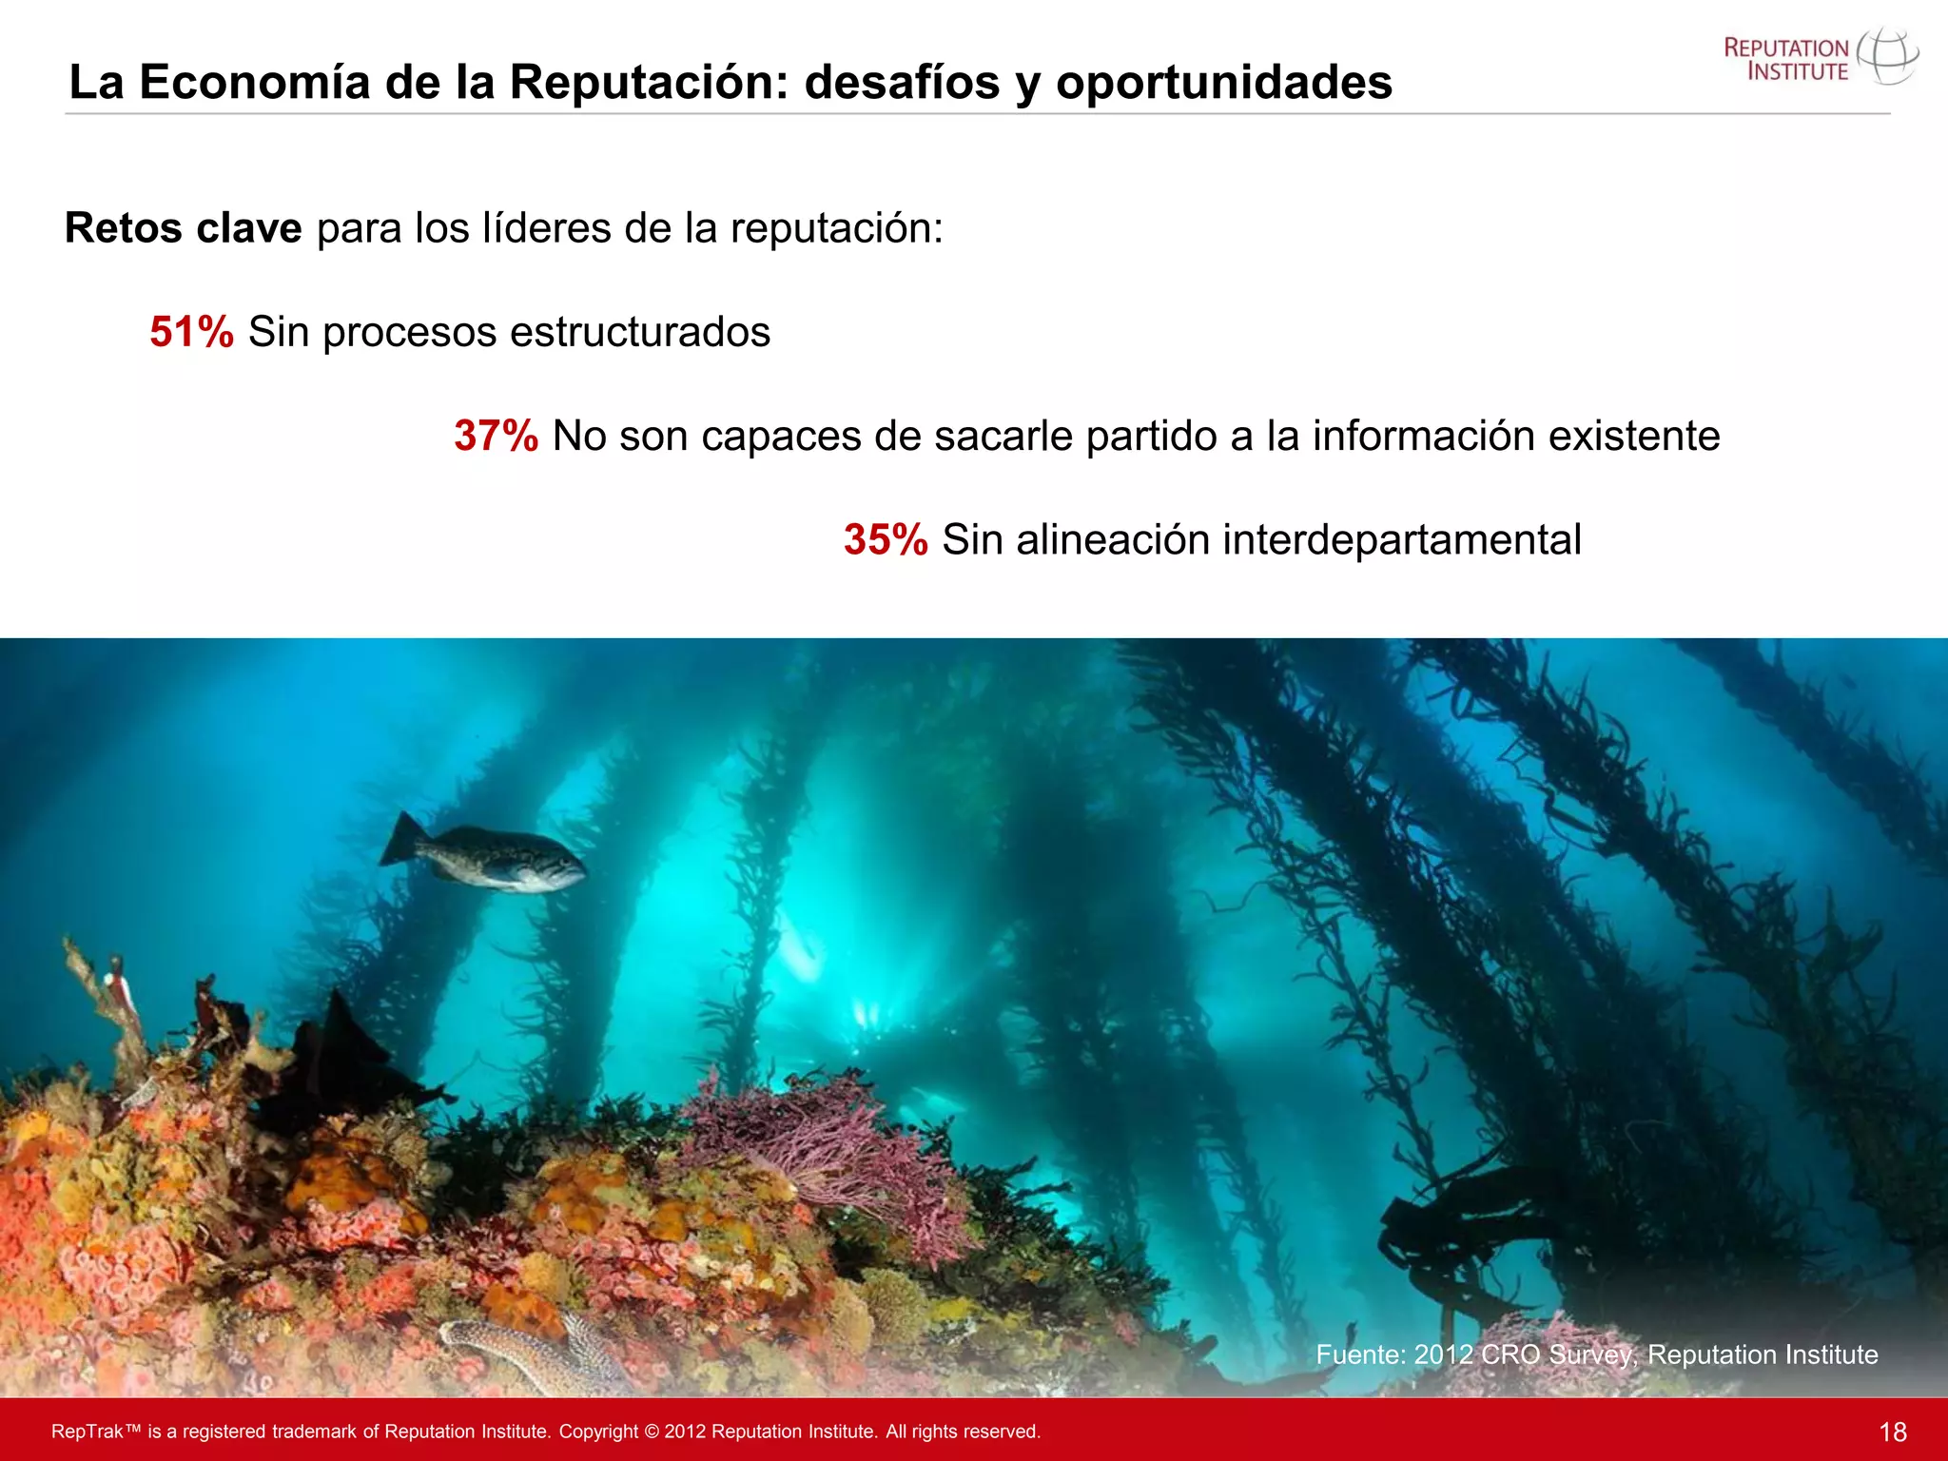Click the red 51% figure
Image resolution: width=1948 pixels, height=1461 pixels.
(x=191, y=332)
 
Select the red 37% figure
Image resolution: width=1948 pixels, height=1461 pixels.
(x=496, y=436)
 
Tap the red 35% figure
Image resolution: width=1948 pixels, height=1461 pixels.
(x=886, y=539)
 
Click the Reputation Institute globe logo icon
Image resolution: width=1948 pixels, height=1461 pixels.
(x=1888, y=57)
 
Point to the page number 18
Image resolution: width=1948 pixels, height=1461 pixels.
(x=1893, y=1432)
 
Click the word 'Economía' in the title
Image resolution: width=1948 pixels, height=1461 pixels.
(x=254, y=82)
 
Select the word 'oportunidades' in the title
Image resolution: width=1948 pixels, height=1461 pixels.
(x=1223, y=82)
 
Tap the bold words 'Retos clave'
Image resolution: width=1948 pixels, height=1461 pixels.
(x=183, y=228)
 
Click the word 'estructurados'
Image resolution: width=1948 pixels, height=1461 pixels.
(x=639, y=332)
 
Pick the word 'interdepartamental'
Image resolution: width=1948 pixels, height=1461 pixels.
(x=1401, y=539)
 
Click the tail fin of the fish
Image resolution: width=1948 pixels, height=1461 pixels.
(x=401, y=839)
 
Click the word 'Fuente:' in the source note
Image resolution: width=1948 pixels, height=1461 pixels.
(x=1360, y=1354)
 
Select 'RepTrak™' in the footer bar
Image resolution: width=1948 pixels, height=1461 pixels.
(x=95, y=1432)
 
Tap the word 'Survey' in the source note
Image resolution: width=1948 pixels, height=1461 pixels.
(x=1591, y=1354)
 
